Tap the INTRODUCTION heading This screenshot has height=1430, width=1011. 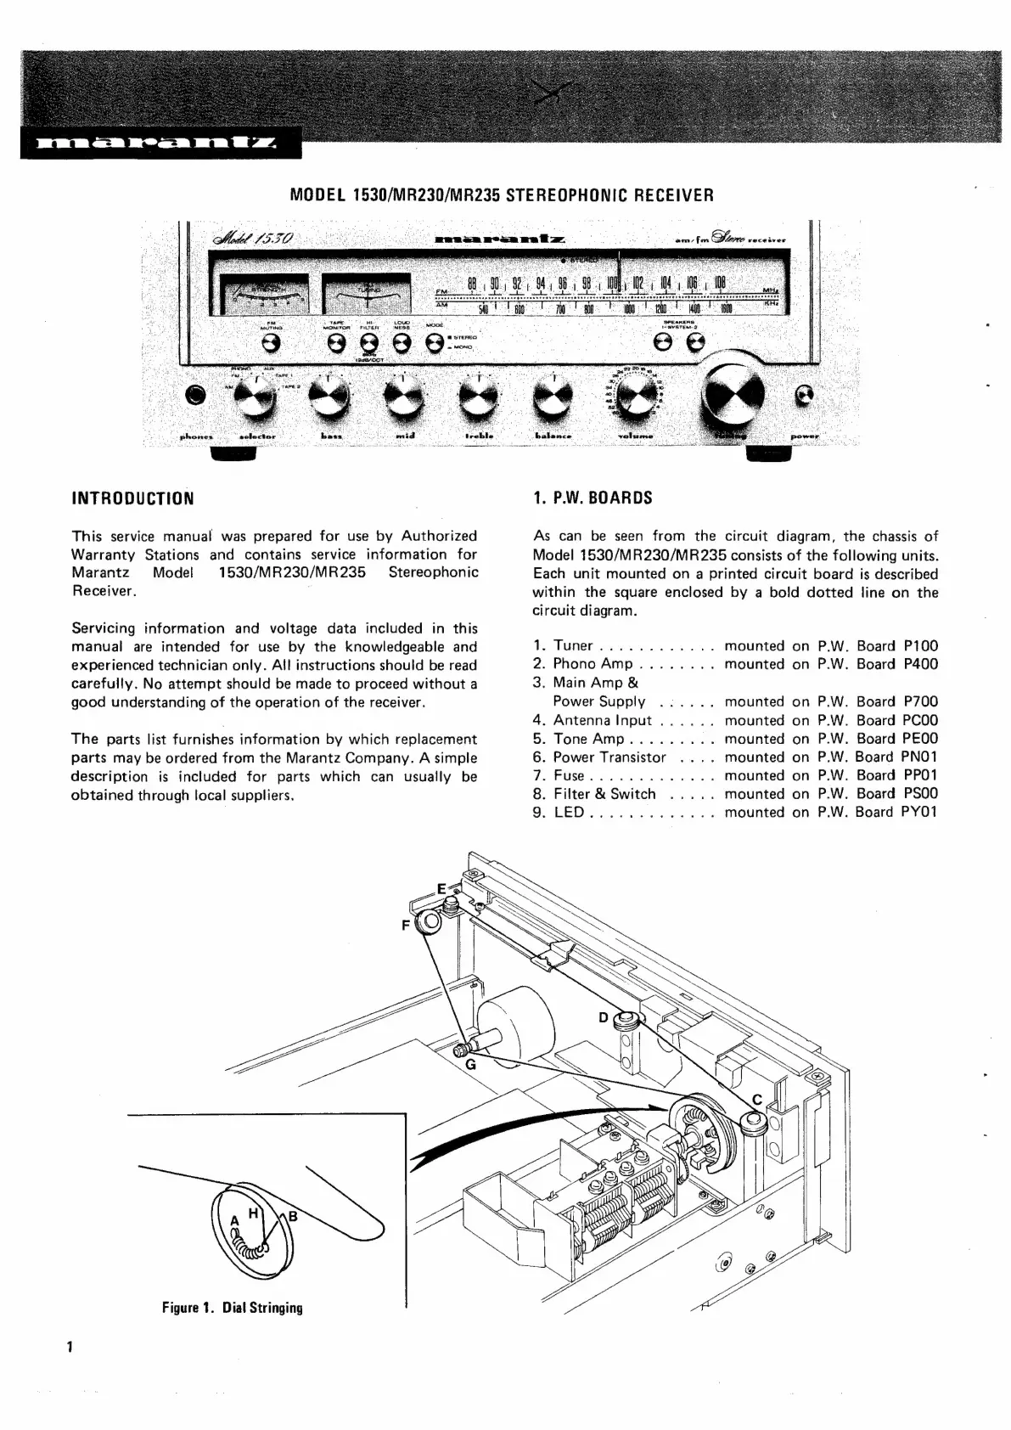click(x=132, y=498)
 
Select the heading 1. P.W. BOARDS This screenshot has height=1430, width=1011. click(x=593, y=498)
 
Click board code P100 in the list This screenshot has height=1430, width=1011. click(x=920, y=646)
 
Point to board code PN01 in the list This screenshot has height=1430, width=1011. click(x=919, y=757)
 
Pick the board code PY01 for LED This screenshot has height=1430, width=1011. click(x=919, y=813)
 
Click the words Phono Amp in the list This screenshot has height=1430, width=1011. click(x=593, y=665)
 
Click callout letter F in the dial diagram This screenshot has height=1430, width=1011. click(x=407, y=925)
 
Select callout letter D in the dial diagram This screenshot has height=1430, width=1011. click(x=603, y=1017)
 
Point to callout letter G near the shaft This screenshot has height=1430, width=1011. click(x=470, y=1064)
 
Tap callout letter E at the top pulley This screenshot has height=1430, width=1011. click(x=441, y=889)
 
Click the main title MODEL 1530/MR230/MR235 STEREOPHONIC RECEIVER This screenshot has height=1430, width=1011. click(x=502, y=194)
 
